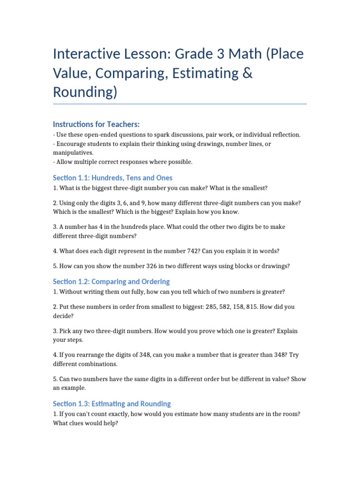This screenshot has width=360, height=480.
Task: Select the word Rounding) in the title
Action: [85, 92]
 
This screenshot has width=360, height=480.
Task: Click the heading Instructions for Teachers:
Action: [97, 124]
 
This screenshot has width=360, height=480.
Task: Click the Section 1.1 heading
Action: [112, 178]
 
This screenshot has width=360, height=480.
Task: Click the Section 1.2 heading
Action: [111, 282]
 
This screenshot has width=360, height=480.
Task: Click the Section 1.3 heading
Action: [112, 404]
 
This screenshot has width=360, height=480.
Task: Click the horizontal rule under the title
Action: [180, 104]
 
